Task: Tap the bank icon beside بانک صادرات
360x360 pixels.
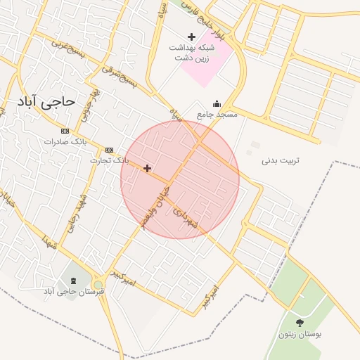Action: (x=65, y=131)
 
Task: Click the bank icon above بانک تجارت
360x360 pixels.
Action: (x=109, y=150)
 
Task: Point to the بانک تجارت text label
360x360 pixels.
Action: (x=109, y=160)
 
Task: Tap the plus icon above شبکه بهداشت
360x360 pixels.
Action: (x=191, y=37)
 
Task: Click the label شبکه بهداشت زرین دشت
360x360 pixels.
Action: (x=191, y=53)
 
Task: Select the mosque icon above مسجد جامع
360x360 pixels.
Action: (x=216, y=103)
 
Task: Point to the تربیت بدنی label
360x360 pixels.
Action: (x=281, y=160)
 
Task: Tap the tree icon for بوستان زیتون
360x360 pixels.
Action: (x=300, y=323)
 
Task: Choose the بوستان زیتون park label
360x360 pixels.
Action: (x=300, y=335)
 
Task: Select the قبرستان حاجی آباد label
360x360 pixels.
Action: (x=75, y=290)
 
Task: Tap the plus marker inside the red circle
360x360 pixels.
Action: (x=147, y=168)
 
